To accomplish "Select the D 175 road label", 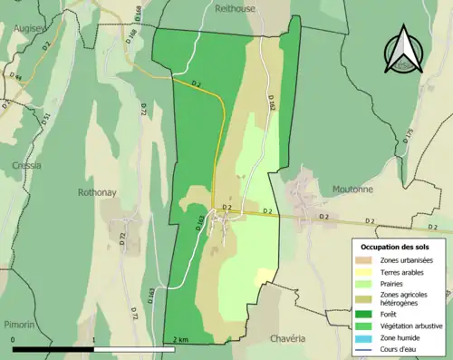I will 409,137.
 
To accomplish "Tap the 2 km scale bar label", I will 179,340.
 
